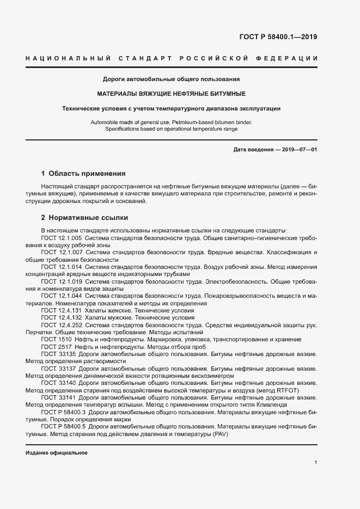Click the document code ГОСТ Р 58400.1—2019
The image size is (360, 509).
278,38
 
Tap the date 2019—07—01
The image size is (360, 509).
299,149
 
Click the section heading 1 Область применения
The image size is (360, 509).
83,174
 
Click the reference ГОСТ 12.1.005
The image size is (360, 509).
62,238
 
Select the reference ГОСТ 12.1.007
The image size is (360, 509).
62,253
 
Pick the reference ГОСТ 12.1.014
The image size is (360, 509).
62,268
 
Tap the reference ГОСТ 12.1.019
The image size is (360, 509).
62,282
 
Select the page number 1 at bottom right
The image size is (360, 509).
316,462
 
